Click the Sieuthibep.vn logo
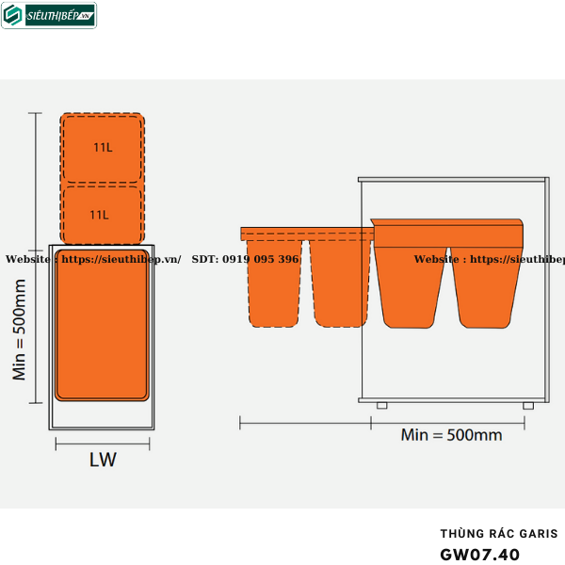(49, 15)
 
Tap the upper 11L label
(103, 147)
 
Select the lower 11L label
(100, 215)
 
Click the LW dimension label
(103, 460)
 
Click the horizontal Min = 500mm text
(451, 435)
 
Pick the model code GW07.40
(479, 554)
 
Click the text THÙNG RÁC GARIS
(498, 534)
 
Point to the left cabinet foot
(381, 406)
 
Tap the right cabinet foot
(528, 406)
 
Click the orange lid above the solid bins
(449, 231)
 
